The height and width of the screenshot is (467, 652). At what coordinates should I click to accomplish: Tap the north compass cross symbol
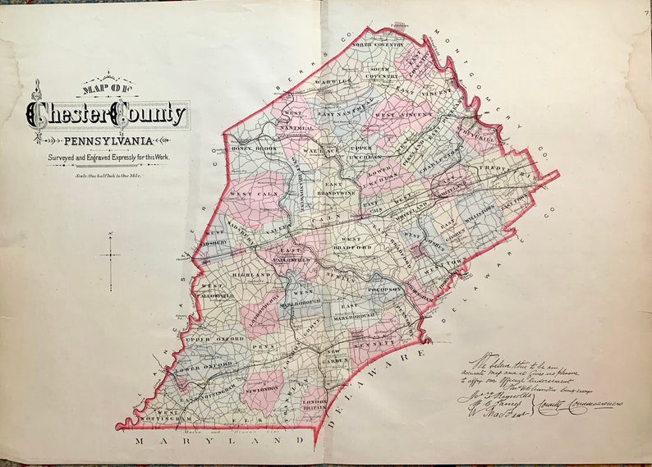pyautogui.click(x=110, y=257)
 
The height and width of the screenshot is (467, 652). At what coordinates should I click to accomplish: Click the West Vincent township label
pyautogui.click(x=398, y=116)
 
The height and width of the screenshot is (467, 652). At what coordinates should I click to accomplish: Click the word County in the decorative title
pyautogui.click(x=150, y=115)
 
